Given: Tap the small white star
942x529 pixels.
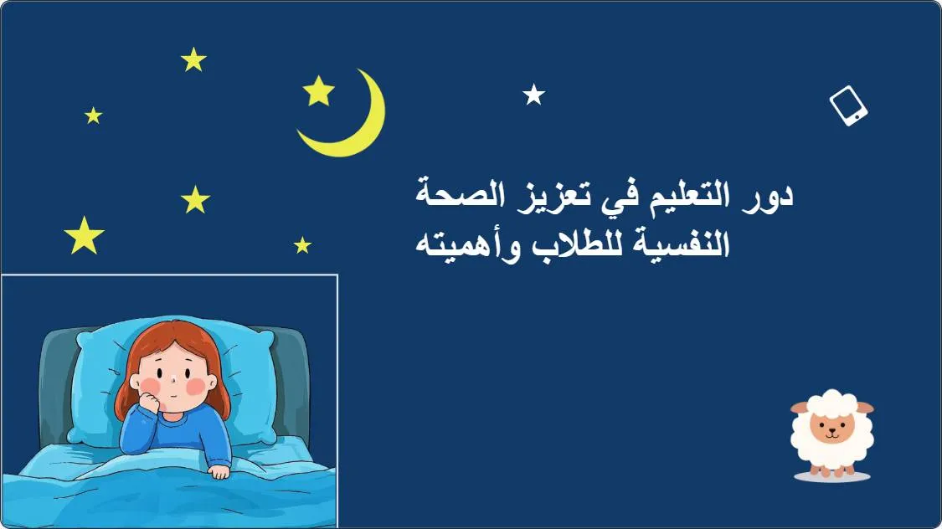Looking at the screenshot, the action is [533, 95].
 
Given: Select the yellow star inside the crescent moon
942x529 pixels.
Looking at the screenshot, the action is [318, 91].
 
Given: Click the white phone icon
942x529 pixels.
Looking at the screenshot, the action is [848, 105].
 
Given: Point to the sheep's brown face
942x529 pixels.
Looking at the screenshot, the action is [832, 427].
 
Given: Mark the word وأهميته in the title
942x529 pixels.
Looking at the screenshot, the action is [468, 245].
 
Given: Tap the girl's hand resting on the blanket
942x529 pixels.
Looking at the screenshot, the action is [219, 471].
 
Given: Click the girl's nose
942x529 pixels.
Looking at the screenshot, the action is [173, 379].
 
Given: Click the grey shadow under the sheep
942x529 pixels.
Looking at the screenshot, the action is [832, 477].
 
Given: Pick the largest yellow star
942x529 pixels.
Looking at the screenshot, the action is [84, 236].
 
